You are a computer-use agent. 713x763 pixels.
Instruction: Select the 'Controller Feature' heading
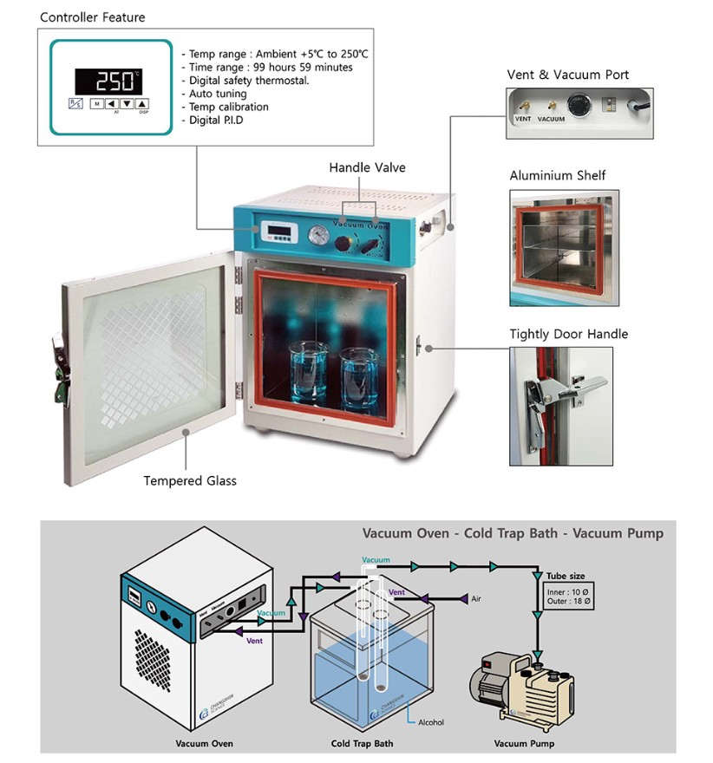tap(93, 17)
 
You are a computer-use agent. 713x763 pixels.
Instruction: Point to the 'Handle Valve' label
tap(367, 167)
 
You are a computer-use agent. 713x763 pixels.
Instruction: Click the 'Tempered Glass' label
tap(190, 481)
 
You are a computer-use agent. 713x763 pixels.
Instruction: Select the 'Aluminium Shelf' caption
tap(558, 176)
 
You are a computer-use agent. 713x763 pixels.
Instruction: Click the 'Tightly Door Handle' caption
tap(569, 334)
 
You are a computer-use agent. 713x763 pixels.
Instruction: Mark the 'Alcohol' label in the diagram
tap(431, 722)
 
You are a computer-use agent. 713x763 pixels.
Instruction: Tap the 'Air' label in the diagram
tap(475, 599)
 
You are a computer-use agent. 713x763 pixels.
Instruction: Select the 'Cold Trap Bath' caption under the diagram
tap(362, 744)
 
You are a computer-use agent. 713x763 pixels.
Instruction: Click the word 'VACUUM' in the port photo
tap(551, 119)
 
